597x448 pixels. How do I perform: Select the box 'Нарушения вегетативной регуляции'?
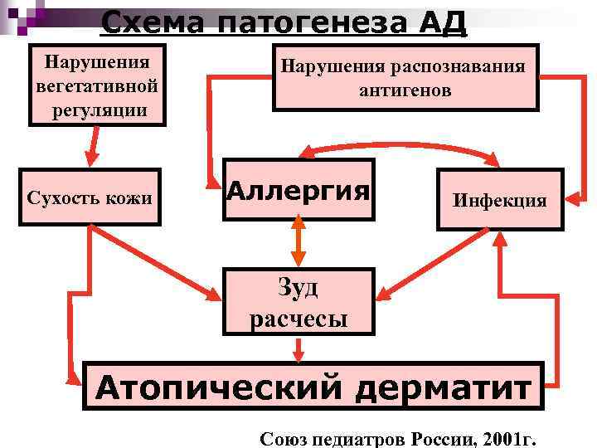(97, 85)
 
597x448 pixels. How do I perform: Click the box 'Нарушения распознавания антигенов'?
(405, 78)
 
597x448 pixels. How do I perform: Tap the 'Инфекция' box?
(499, 200)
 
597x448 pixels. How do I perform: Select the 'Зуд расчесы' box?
(298, 303)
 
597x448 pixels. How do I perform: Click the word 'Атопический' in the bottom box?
(216, 387)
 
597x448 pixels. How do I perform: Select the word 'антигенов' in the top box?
(405, 90)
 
